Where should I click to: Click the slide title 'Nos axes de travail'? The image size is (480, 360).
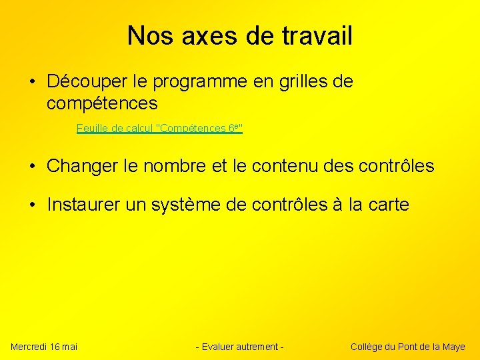(239, 35)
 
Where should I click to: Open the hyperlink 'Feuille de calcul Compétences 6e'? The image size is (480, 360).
(159, 128)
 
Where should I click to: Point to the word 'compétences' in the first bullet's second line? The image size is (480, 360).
(102, 103)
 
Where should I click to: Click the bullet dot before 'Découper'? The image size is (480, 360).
(33, 83)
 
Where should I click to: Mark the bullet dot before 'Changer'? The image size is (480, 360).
(33, 167)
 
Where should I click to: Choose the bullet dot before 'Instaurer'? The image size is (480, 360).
(33, 205)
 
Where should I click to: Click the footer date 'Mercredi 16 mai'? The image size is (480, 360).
(44, 346)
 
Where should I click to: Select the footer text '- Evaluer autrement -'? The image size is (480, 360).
(239, 346)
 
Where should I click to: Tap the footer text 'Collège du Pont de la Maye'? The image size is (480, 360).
(407, 346)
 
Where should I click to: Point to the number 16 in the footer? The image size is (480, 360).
(55, 346)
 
